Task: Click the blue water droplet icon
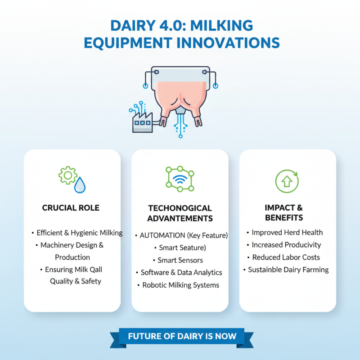80,185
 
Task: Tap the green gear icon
68,175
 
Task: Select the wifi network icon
180,179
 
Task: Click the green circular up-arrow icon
287,181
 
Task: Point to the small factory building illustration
142,121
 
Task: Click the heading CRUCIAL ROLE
71,208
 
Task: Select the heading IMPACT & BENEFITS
283,212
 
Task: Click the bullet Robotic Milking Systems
180,285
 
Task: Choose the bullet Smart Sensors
180,260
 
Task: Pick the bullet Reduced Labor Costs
286,257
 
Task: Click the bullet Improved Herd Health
287,233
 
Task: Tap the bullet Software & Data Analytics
181,272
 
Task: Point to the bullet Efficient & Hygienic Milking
79,233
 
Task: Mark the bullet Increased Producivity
286,245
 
